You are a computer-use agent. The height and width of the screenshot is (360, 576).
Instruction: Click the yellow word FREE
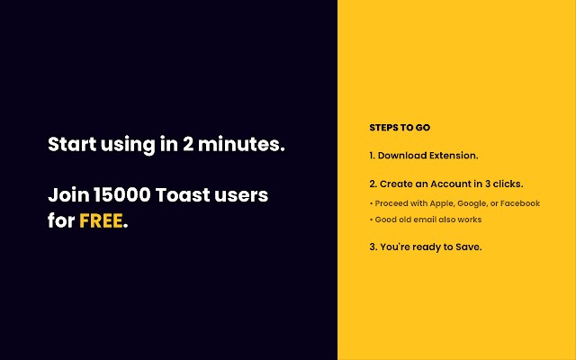[101, 220]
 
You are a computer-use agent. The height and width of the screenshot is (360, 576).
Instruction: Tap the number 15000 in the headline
[122, 194]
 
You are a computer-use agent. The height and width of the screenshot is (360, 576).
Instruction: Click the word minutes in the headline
[241, 144]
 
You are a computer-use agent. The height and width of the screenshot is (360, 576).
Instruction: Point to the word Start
[72, 144]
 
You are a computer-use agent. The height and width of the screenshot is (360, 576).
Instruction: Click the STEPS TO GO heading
[400, 128]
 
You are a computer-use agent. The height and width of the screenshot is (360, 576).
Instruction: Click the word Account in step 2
[450, 184]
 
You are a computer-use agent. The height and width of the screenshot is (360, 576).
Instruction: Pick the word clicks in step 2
[508, 184]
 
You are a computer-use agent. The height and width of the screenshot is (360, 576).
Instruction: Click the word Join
[68, 195]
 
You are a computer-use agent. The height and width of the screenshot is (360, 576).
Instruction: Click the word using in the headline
[128, 145]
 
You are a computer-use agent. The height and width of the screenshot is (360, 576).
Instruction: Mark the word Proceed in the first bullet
[389, 203]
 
